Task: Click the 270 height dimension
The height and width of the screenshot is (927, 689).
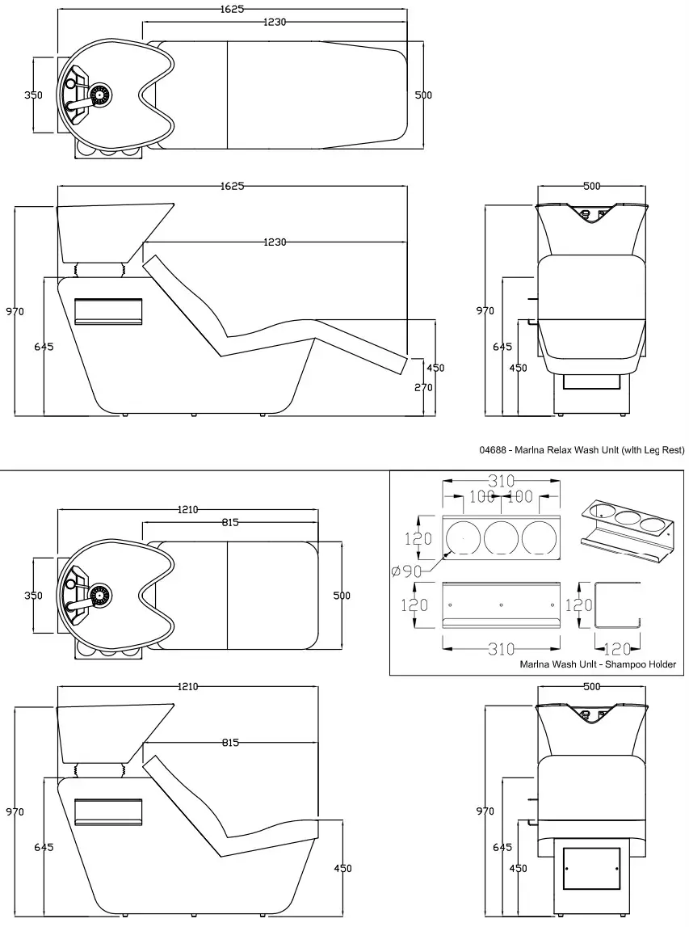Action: [424, 387]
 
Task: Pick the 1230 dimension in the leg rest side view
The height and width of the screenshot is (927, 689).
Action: [275, 242]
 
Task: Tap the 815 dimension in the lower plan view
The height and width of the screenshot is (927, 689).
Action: [229, 523]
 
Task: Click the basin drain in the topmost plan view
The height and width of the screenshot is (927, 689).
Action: [100, 95]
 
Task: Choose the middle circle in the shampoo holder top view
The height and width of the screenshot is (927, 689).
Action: [501, 537]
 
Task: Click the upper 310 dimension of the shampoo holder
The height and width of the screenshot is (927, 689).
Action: [501, 482]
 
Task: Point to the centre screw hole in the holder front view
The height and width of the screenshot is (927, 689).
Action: [501, 605]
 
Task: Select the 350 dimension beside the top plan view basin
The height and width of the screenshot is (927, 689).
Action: [33, 95]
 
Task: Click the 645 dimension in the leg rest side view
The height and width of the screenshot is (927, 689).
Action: [44, 346]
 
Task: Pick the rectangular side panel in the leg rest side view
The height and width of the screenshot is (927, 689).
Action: [108, 311]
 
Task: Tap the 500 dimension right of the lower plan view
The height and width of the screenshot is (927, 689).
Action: [342, 595]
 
